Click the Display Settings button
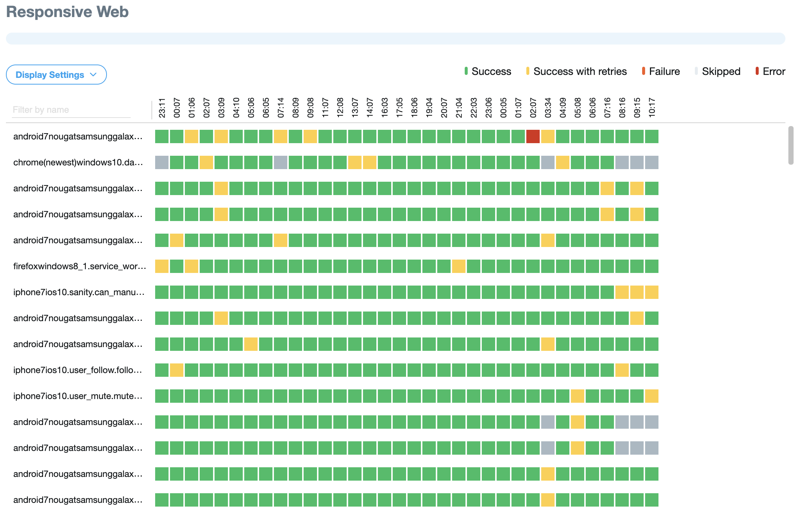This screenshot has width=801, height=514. point(56,75)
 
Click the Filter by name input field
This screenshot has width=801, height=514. point(71,110)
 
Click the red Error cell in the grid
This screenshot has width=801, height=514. point(533,136)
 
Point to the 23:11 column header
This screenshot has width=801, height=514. point(162,108)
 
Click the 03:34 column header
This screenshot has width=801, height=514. point(548,108)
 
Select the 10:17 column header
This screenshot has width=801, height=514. point(652,108)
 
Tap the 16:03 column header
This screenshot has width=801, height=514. point(385,108)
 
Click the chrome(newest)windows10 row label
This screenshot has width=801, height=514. point(78,162)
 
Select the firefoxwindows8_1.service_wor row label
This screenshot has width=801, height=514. point(79,266)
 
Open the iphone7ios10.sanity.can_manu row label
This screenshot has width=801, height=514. point(79,292)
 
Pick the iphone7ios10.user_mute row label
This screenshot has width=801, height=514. point(78,396)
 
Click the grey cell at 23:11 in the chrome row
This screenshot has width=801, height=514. point(162,162)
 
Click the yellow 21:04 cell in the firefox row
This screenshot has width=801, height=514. point(459,266)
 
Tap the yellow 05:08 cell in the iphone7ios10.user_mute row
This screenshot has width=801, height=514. point(578,396)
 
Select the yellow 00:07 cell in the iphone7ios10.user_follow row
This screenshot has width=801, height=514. point(177,370)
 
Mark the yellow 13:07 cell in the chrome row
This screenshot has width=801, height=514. point(355,162)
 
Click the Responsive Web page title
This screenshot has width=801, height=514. point(68,12)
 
